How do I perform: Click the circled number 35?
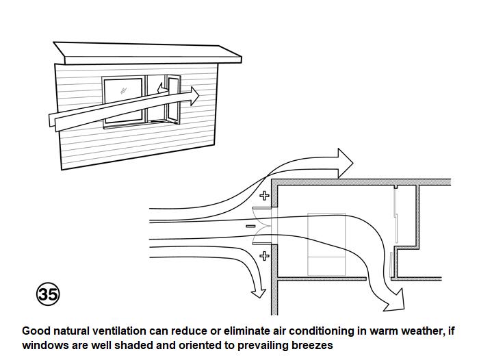pyautogui.click(x=48, y=294)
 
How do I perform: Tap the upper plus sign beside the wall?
pyautogui.click(x=265, y=196)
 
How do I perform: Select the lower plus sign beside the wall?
pyautogui.click(x=265, y=256)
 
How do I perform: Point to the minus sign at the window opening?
pyautogui.click(x=250, y=226)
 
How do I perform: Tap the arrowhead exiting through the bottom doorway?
pyautogui.click(x=396, y=299)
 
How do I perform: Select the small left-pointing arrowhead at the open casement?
pyautogui.click(x=161, y=88)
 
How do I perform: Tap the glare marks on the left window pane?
pyautogui.click(x=123, y=90)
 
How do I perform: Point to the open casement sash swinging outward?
pyautogui.click(x=172, y=99)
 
